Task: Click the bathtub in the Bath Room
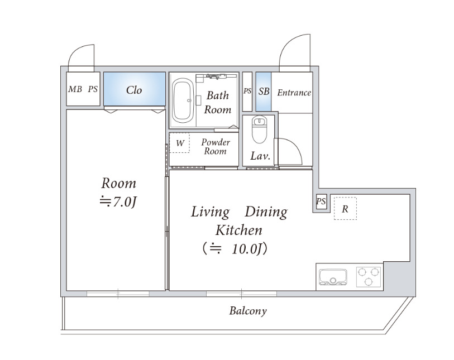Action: pyautogui.click(x=183, y=100)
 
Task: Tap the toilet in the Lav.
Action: pyautogui.click(x=259, y=129)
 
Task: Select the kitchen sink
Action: pyautogui.click(x=333, y=277)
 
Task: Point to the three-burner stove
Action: pyautogui.click(x=369, y=277)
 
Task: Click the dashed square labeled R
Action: pyautogui.click(x=345, y=208)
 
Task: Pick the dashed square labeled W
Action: pyautogui.click(x=179, y=143)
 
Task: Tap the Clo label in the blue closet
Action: pyautogui.click(x=134, y=90)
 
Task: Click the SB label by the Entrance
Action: pyautogui.click(x=264, y=92)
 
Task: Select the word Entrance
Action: pyautogui.click(x=294, y=93)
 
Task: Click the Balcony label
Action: pyautogui.click(x=248, y=311)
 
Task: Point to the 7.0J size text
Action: pyautogui.click(x=118, y=201)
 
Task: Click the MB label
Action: pyautogui.click(x=75, y=89)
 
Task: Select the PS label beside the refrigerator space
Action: pyautogui.click(x=321, y=201)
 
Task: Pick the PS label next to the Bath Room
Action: pyautogui.click(x=247, y=91)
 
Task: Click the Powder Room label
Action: pyautogui.click(x=216, y=146)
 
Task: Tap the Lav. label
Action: pyautogui.click(x=260, y=156)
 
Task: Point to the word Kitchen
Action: pyautogui.click(x=239, y=231)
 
